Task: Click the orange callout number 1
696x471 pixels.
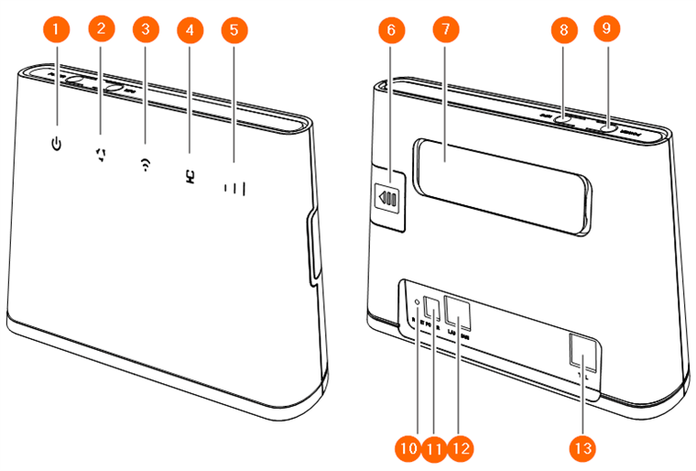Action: tap(57, 30)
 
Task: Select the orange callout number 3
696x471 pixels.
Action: tap(145, 30)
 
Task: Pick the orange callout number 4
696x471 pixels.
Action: tap(190, 30)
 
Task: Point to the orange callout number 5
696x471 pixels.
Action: tap(234, 30)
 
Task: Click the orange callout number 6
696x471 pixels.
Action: tap(391, 30)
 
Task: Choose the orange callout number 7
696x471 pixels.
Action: tap(445, 30)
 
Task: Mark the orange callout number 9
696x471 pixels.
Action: tap(605, 30)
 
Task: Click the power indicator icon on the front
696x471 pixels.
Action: tap(57, 143)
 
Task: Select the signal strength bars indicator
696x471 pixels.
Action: tap(236, 190)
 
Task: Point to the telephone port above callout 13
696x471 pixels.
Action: tap(581, 352)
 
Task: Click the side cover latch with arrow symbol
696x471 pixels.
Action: tap(388, 197)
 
